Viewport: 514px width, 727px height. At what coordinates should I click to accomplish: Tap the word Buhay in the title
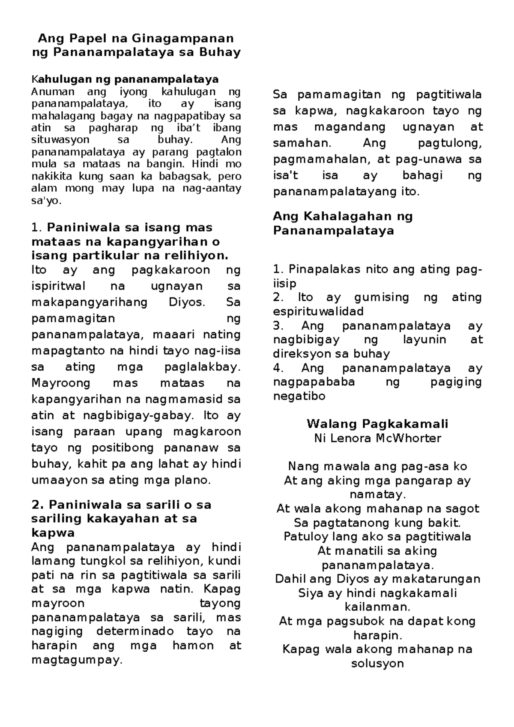219,52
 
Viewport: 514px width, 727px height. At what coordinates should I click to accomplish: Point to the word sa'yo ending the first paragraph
47,201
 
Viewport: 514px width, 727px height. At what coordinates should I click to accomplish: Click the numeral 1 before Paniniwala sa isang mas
35,227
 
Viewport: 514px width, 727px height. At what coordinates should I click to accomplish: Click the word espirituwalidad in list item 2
318,311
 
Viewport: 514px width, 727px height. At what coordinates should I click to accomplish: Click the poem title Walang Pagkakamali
377,424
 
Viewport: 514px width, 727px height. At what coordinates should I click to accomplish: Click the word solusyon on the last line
377,664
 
